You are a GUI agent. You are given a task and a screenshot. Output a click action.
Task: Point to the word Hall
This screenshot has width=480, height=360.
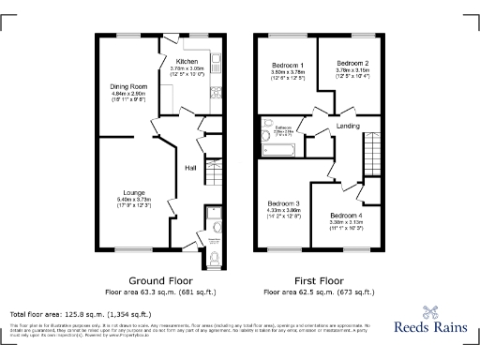(189, 168)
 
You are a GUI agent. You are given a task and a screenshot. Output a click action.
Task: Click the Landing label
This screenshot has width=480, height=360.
(349, 126)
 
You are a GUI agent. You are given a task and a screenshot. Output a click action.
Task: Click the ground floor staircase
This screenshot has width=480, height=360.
(212, 169)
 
